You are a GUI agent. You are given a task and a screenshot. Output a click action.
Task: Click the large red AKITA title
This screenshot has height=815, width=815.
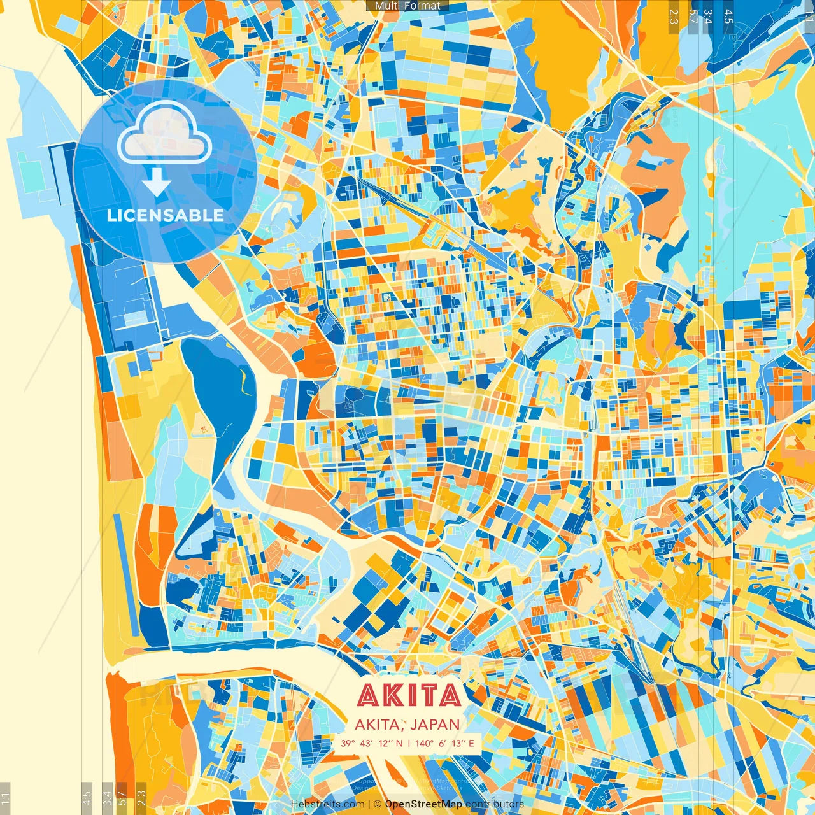409,695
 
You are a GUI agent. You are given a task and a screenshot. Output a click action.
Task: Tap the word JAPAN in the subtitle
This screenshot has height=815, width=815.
435,724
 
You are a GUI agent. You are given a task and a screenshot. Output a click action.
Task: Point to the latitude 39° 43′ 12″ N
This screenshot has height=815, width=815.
371,743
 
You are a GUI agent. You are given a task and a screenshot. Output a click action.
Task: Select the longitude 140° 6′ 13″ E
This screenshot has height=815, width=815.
445,743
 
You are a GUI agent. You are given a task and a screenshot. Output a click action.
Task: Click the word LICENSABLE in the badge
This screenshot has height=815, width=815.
165,215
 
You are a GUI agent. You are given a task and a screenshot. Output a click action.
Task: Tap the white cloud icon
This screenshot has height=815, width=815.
164,133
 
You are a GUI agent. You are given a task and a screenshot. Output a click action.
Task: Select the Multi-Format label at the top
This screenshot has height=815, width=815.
407,6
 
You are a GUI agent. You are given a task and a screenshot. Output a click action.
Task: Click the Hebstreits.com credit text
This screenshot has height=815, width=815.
327,804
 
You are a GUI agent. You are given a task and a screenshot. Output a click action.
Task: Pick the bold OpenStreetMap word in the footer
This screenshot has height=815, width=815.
423,804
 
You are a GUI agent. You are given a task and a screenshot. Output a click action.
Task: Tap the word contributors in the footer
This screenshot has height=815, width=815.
495,804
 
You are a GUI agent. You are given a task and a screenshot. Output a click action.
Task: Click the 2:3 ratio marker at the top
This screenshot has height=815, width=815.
673,17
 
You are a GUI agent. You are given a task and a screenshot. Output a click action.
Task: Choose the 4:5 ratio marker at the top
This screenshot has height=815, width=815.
728,17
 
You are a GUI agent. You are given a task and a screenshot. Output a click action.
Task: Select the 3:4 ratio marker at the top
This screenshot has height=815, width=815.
707,17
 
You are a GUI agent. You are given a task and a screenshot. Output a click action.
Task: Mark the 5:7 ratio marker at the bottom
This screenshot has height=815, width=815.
122,798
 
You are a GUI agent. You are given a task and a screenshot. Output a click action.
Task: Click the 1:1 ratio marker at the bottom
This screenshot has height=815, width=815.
5,798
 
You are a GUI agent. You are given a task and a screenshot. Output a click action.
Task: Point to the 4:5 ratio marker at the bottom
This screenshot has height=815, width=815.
87,798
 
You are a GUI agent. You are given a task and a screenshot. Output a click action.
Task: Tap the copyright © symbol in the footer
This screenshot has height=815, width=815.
378,804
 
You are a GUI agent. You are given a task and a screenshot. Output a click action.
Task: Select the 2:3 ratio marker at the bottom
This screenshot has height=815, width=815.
141,798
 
